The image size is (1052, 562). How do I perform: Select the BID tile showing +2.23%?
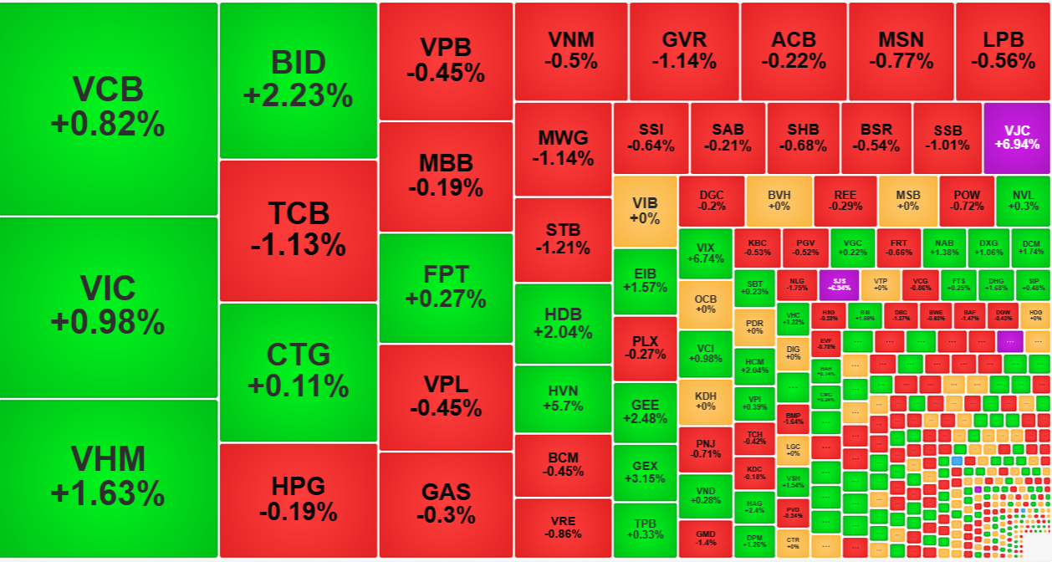(x=298, y=79)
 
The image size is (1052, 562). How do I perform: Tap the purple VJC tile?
(x=1016, y=137)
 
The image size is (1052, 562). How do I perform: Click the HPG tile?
(x=298, y=498)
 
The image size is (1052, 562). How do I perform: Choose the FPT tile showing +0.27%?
(x=446, y=286)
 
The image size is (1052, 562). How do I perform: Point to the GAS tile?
(x=446, y=503)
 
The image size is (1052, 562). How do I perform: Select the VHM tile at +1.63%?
(x=109, y=477)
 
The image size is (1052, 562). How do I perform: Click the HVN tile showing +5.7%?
(x=563, y=397)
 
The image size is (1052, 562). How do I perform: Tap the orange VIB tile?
(x=645, y=211)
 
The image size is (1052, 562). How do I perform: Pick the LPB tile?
(x=1003, y=50)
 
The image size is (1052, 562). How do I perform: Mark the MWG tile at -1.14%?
(x=563, y=147)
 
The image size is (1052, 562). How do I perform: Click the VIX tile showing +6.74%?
(x=705, y=253)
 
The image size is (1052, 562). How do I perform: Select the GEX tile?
(x=645, y=472)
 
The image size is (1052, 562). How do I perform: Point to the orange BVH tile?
(x=779, y=200)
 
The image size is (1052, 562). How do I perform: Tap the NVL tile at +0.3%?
(x=1023, y=200)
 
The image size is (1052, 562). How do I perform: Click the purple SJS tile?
(x=839, y=284)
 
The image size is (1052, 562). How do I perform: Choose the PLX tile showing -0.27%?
(x=645, y=347)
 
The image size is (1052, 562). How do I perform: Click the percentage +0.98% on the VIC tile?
(x=109, y=321)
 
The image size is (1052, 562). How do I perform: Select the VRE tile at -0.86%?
(x=563, y=527)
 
